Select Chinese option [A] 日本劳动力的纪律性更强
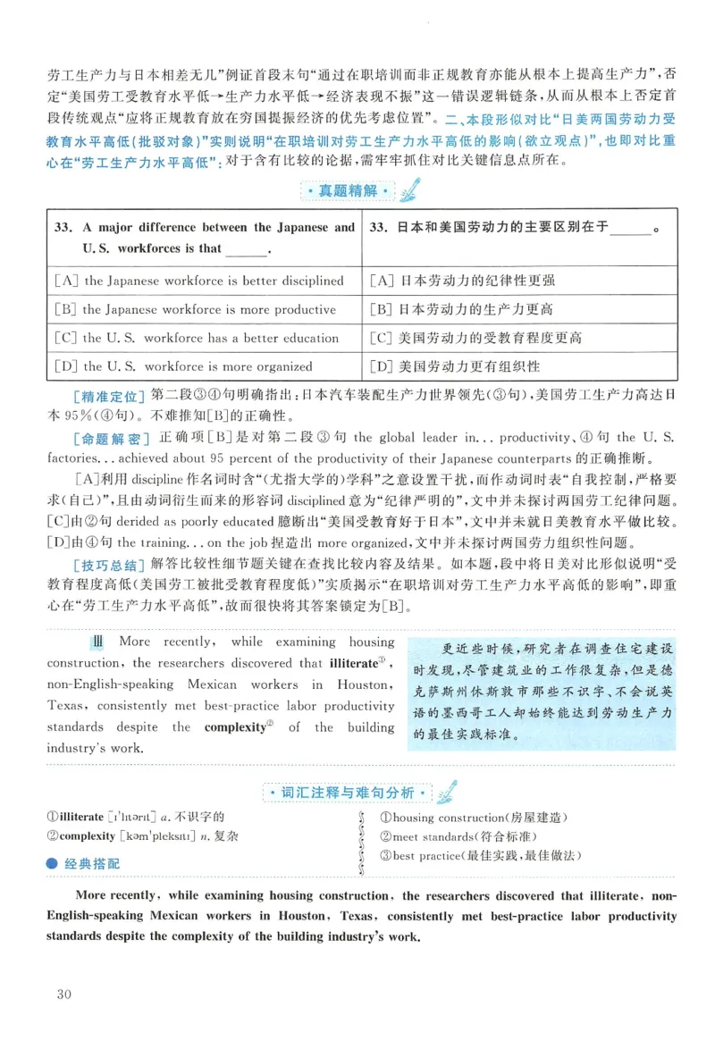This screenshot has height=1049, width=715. point(461,281)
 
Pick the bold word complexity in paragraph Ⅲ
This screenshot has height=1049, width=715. point(235,727)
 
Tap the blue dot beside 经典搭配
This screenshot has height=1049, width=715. point(53,863)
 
